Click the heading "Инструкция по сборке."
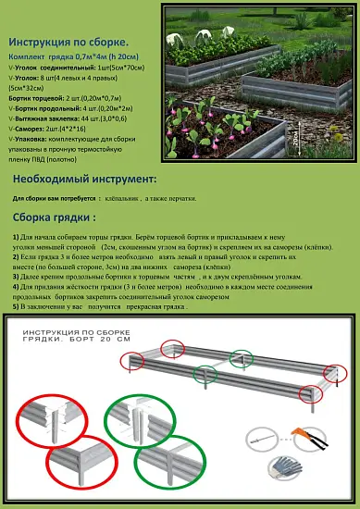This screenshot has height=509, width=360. click(x=68, y=43)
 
